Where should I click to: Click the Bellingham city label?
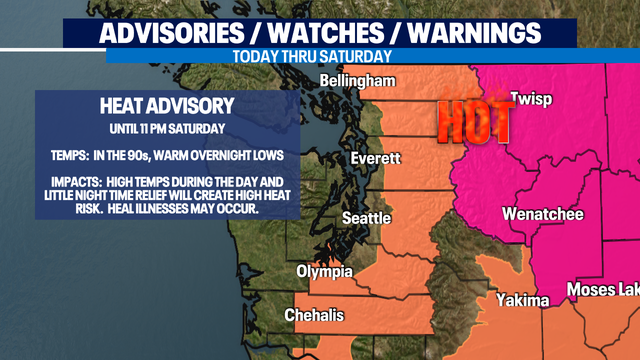click(358, 81)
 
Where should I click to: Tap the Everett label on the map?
click(375, 159)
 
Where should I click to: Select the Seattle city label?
click(364, 218)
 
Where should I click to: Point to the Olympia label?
click(324, 272)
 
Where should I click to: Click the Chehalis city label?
click(314, 315)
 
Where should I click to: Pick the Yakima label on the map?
click(522, 300)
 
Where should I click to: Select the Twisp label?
click(530, 99)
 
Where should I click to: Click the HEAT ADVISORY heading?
click(167, 106)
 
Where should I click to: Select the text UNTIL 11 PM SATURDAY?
click(167, 130)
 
